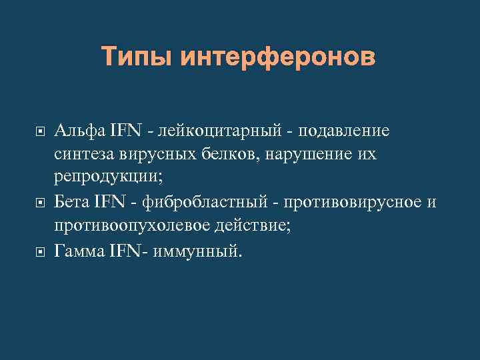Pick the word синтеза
click(x=85, y=155)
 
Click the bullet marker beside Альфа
click(x=38, y=131)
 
